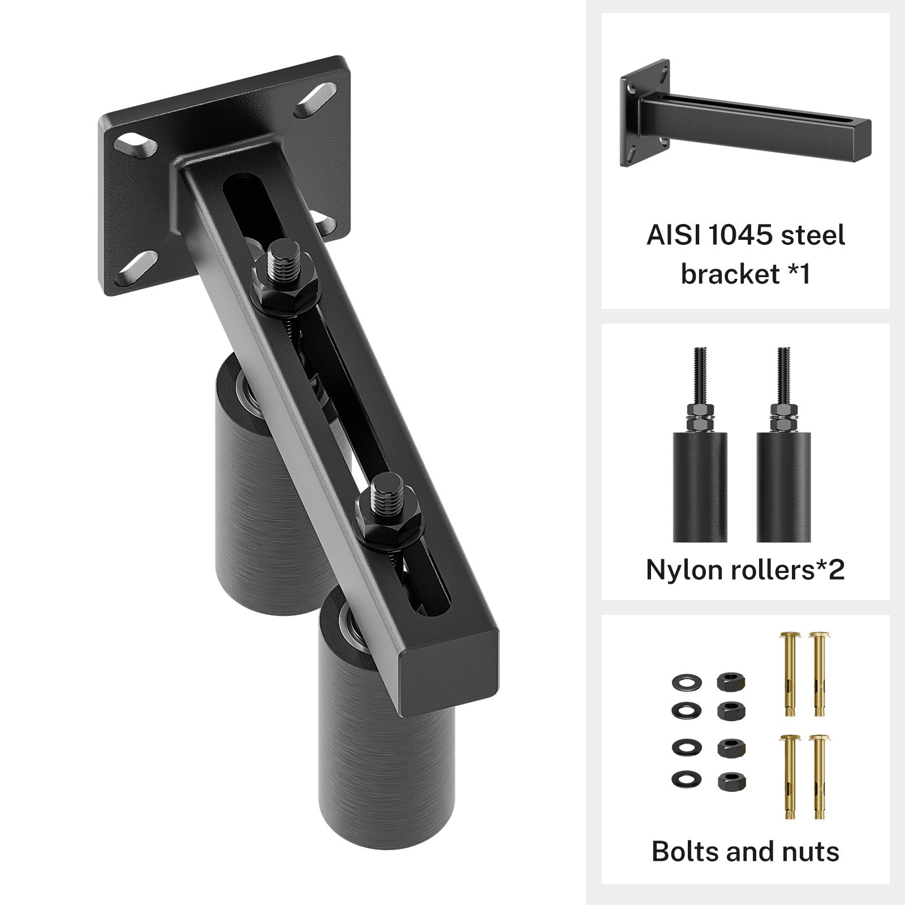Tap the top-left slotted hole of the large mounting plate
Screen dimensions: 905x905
[x=133, y=143]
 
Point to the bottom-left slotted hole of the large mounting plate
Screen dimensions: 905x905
[x=136, y=269]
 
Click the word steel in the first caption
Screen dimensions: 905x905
[x=813, y=235]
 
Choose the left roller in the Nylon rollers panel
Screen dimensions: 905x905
[x=699, y=486]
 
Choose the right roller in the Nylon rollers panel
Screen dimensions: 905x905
[x=784, y=486]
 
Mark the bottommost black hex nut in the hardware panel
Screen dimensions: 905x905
[x=731, y=783]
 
